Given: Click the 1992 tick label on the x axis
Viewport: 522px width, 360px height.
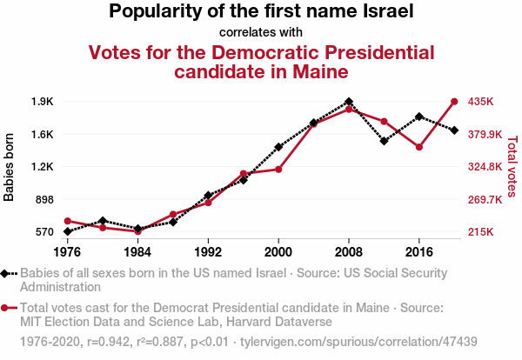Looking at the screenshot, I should (x=208, y=251).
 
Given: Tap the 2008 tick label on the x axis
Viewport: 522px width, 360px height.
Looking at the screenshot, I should (x=349, y=251).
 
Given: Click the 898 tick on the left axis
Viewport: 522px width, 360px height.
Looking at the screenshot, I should (x=44, y=199).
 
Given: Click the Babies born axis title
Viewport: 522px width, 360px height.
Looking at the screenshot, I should (x=10, y=167).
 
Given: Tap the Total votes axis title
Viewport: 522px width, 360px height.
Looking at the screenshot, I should (x=512, y=166).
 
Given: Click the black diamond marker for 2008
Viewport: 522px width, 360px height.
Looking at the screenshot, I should (x=349, y=102).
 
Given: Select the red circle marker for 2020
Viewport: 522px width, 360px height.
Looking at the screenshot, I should (x=454, y=102).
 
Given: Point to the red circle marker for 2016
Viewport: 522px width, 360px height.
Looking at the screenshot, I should (x=419, y=147).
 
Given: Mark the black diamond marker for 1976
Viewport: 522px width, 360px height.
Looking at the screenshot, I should (x=67, y=231).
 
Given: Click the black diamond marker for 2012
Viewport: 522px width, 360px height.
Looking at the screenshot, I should (x=384, y=140).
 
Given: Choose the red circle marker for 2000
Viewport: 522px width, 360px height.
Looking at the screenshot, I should (x=278, y=169).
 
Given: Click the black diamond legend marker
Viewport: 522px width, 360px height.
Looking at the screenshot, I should (x=6, y=274).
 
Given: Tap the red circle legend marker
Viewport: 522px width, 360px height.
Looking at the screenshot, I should (x=6, y=308).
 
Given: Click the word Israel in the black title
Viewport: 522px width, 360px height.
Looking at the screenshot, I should (x=385, y=12).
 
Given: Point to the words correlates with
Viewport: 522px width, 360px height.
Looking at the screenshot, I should (x=261, y=33).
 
